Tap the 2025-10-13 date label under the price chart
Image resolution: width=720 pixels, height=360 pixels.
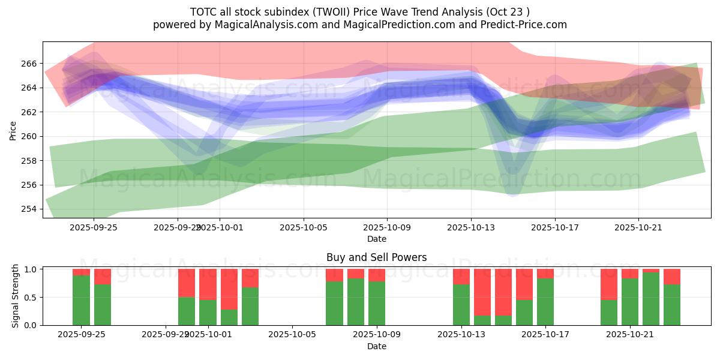(470, 228)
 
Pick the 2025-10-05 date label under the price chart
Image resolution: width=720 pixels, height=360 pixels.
(303, 228)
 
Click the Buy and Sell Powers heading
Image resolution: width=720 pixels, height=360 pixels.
(376, 257)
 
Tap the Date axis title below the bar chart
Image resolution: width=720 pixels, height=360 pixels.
(376, 346)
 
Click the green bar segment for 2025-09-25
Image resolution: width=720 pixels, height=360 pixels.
(81, 300)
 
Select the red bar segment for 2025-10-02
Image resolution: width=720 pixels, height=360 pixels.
(229, 289)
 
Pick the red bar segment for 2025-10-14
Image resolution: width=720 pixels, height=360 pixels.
(482, 292)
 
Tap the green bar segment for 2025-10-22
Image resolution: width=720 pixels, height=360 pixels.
(651, 299)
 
